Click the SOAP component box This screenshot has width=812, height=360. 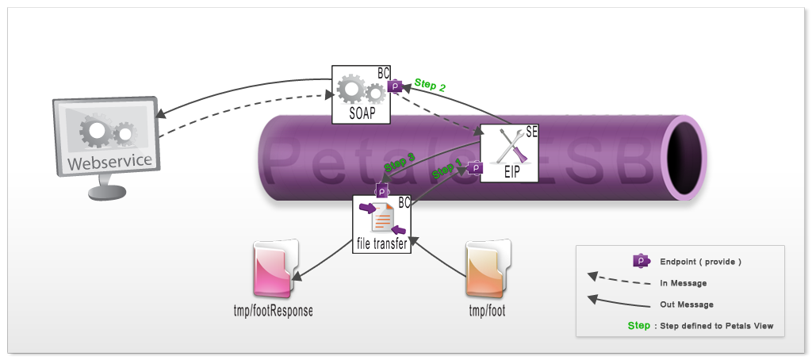click(362, 94)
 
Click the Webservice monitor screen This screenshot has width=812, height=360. click(105, 136)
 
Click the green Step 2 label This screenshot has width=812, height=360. click(430, 85)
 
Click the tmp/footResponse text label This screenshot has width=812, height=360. click(267, 311)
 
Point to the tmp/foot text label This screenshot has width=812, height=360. click(486, 311)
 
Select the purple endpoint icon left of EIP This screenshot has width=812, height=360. click(475, 167)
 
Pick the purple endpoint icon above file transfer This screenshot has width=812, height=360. click(381, 189)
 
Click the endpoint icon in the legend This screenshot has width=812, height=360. click(640, 261)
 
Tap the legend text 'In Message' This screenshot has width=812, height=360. click(683, 283)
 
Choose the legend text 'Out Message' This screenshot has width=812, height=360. click(686, 304)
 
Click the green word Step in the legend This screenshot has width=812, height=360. click(638, 326)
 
